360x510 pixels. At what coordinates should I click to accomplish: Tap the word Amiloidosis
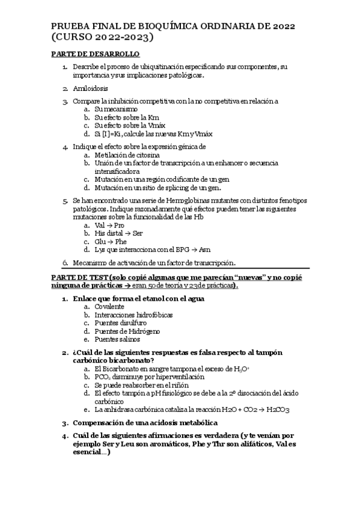[x=91, y=88]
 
